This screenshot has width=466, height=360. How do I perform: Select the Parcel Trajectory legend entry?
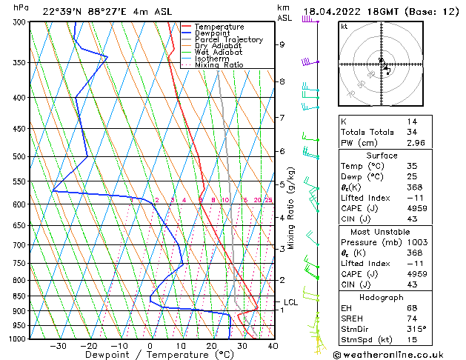[x=228, y=40]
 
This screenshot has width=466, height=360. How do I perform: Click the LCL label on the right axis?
[x=290, y=302]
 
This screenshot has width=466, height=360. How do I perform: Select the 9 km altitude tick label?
[x=282, y=44]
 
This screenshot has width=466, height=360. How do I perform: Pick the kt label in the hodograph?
[x=344, y=27]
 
